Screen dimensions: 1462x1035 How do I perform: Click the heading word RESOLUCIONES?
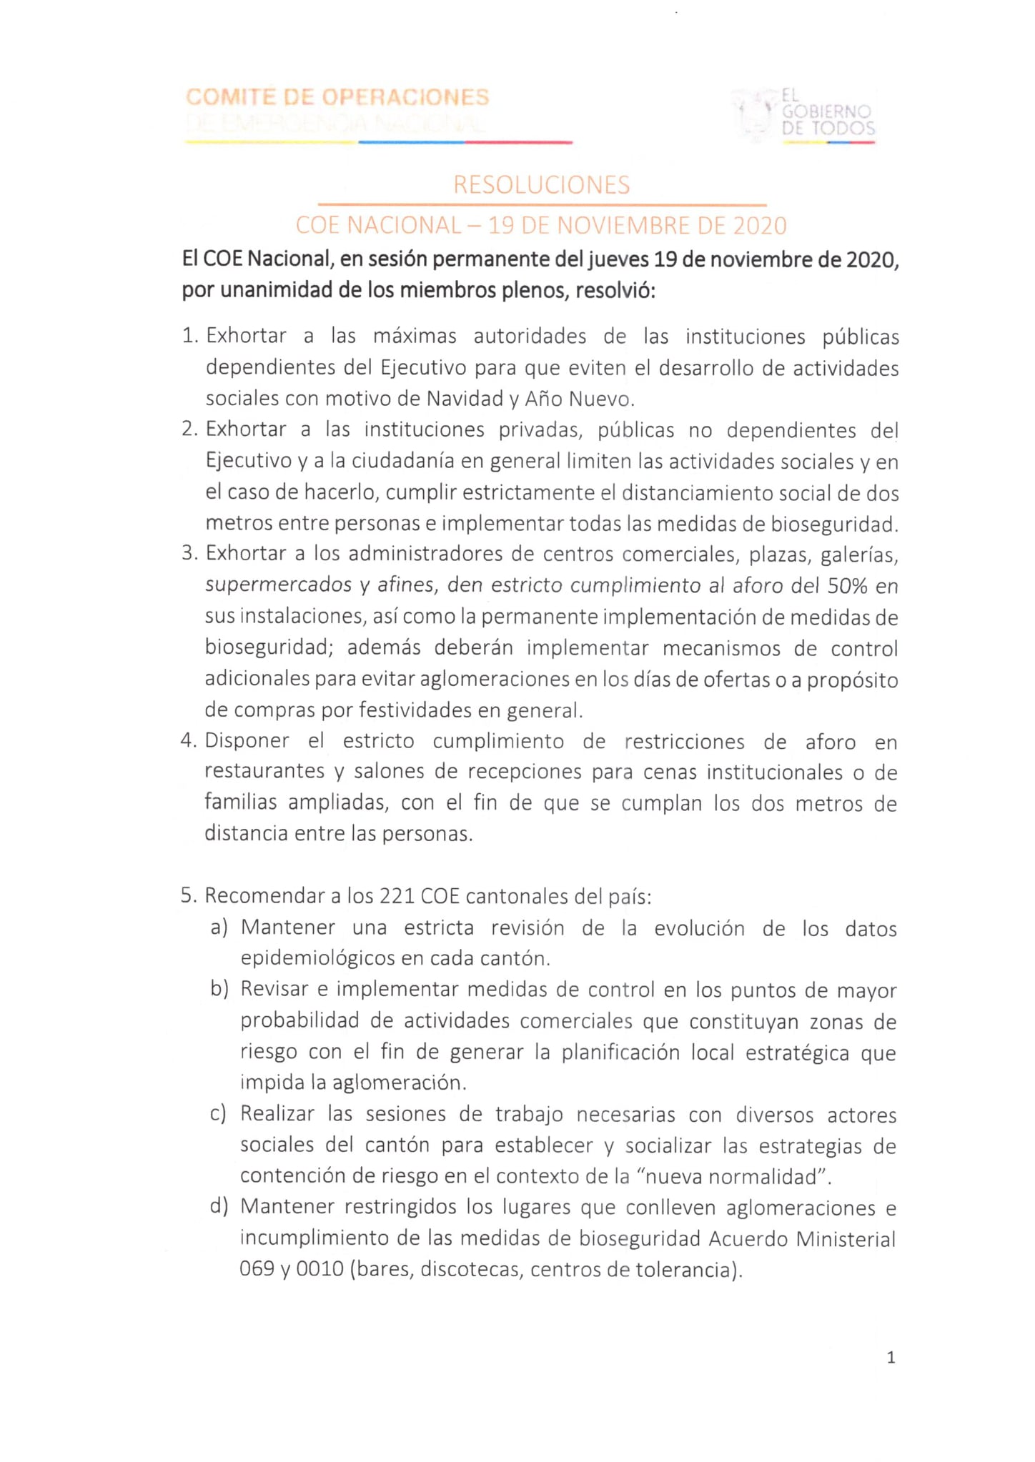tap(541, 185)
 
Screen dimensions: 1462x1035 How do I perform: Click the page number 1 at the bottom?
tap(891, 1358)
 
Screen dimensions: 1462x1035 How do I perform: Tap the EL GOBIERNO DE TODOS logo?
tap(804, 114)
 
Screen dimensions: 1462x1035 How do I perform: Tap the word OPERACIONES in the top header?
tap(405, 97)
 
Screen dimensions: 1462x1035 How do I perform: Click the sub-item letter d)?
tap(219, 1207)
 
